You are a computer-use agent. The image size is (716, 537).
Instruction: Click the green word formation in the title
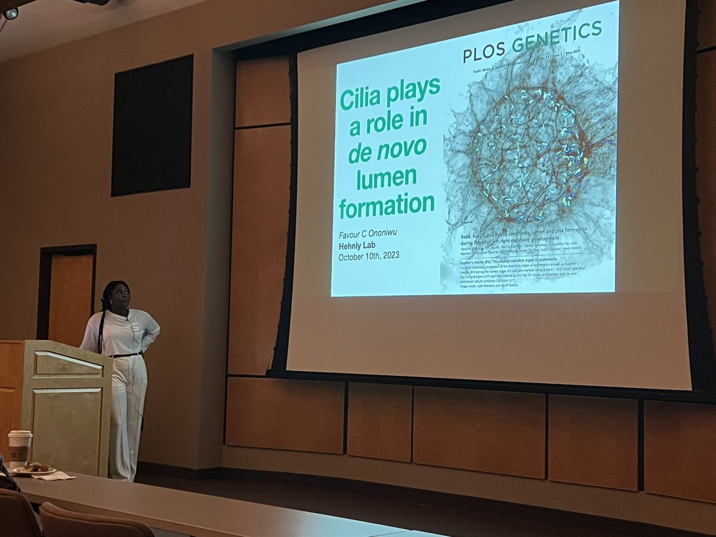click(x=387, y=205)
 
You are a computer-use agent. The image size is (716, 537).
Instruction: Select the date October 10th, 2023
click(x=368, y=257)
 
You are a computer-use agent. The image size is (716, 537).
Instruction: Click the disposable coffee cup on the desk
click(x=20, y=448)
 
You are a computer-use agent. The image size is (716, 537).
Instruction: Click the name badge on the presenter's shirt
click(x=135, y=328)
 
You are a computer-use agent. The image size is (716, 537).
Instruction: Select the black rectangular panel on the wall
click(x=152, y=125)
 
